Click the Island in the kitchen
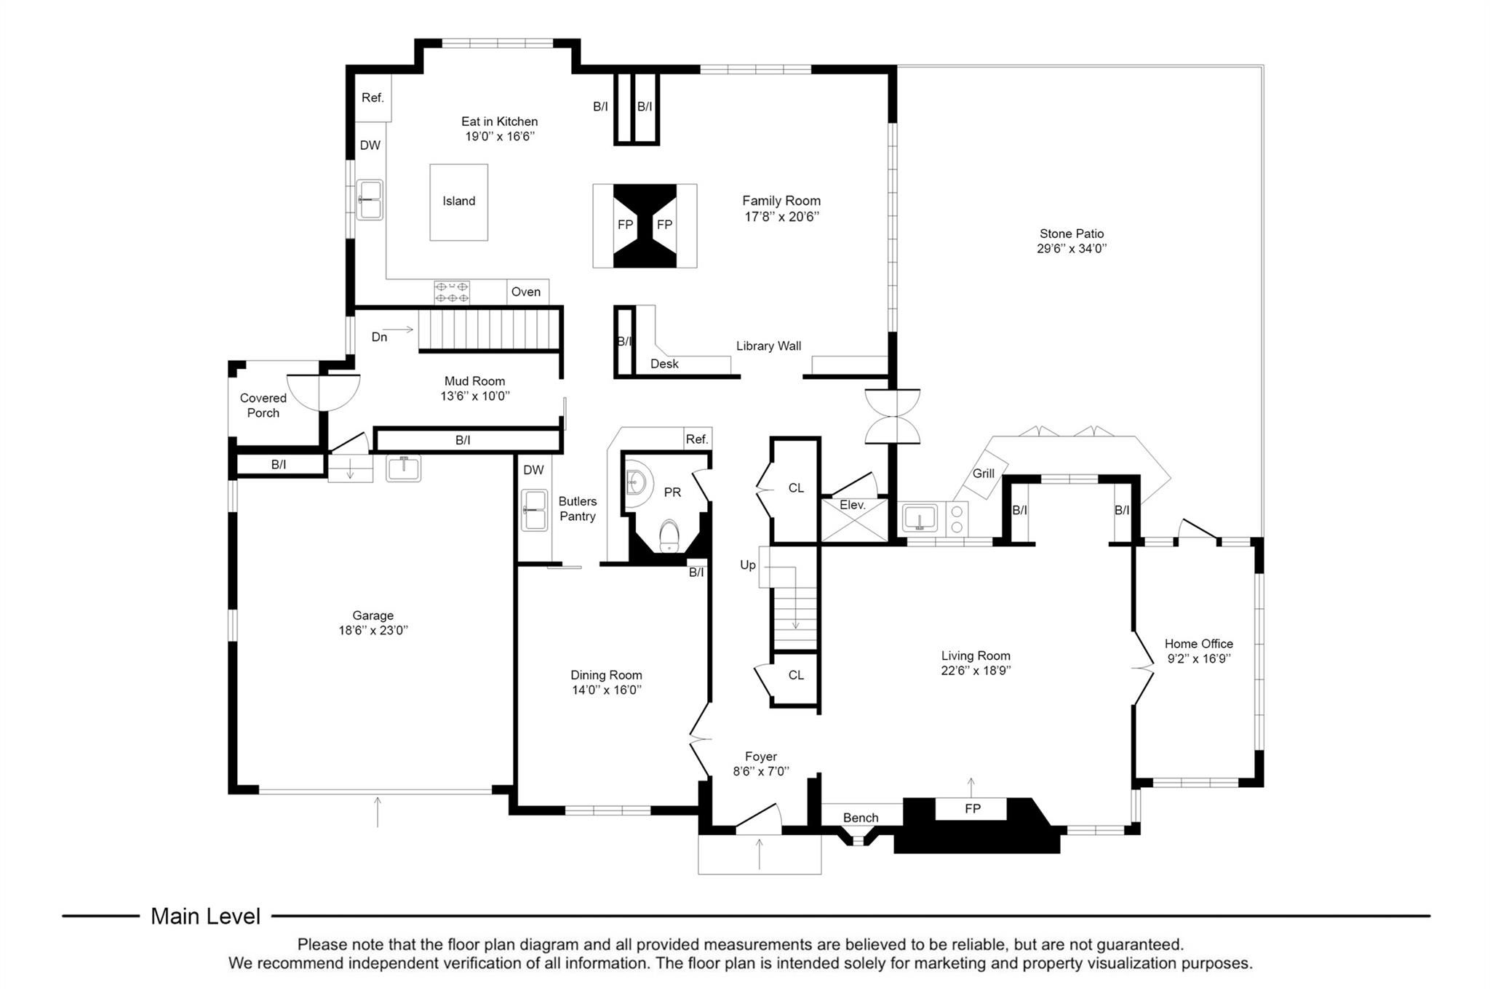458,202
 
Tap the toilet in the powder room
669,536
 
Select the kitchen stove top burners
452,292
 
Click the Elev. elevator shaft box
855,519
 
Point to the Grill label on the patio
983,474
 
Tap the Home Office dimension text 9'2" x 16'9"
1198,659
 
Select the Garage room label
373,615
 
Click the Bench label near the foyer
861,818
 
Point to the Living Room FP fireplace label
972,808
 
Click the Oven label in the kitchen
525,292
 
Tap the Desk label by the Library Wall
664,364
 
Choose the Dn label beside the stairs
379,337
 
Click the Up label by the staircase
748,565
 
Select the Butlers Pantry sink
535,510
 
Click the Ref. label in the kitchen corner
372,97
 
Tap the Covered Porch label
263,405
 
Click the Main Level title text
205,917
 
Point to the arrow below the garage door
377,812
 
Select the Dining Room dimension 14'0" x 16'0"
606,690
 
